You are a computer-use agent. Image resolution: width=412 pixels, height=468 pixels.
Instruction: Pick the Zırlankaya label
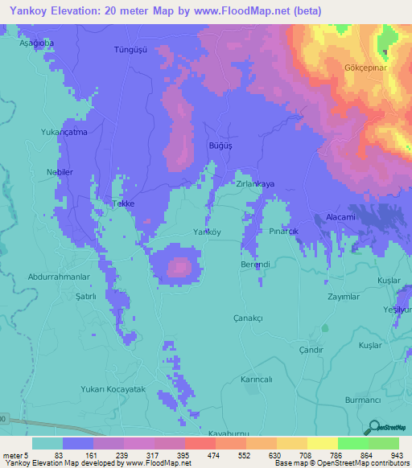[x=255, y=183]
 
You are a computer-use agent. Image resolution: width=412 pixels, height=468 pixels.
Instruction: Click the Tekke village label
[x=122, y=203]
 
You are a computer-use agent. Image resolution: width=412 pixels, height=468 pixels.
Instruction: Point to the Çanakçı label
[x=248, y=318]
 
